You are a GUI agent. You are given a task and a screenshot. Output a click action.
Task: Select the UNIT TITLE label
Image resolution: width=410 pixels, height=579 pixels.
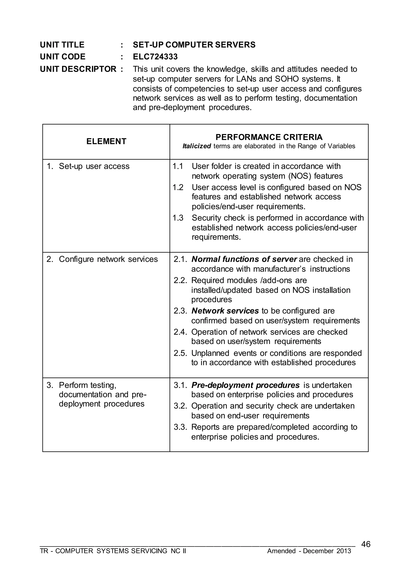pos(62,45)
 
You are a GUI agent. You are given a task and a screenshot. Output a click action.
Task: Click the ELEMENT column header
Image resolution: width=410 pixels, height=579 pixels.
pos(106,141)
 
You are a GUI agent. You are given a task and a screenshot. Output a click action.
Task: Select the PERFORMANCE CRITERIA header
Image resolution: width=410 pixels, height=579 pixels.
pos(269,137)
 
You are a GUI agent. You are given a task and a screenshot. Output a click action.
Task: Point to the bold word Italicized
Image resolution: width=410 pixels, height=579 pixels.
pos(197,146)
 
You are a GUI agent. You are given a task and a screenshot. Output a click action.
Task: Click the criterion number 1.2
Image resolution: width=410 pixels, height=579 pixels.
pos(178,187)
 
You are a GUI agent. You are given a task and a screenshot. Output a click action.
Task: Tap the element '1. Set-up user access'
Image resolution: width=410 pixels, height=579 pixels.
pos(88,166)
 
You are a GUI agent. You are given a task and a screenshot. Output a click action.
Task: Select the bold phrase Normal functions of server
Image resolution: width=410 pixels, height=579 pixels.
pos(244,259)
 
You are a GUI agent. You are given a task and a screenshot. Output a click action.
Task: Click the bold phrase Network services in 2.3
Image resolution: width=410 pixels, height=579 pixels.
pos(225,311)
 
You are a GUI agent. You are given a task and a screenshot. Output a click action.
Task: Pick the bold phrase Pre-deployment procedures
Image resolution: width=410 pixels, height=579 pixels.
pos(245,385)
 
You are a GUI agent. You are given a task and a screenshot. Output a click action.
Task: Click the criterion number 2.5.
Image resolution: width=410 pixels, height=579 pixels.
pos(180,353)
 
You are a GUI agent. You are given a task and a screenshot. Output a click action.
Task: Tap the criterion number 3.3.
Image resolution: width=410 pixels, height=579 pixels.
pos(180,427)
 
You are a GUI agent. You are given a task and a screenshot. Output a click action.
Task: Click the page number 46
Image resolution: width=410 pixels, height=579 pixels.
pos(366,544)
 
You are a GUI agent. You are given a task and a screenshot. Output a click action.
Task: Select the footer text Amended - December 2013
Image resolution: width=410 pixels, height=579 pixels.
pos(309,551)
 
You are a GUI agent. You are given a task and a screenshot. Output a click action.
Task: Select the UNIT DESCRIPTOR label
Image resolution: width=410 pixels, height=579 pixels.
pos(78,69)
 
